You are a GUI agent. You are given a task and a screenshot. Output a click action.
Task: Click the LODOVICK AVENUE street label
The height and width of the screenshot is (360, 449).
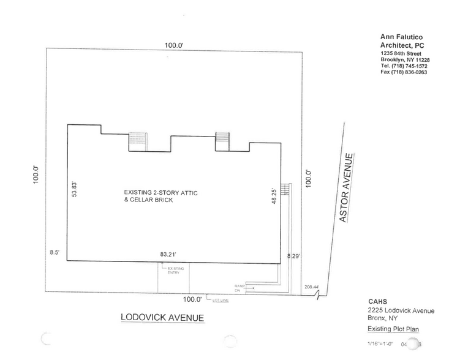point(162,318)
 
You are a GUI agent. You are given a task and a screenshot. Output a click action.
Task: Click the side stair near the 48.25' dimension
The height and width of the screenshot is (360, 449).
point(285,189)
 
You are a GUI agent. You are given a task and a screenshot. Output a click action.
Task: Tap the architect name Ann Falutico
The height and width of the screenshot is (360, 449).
point(401,36)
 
